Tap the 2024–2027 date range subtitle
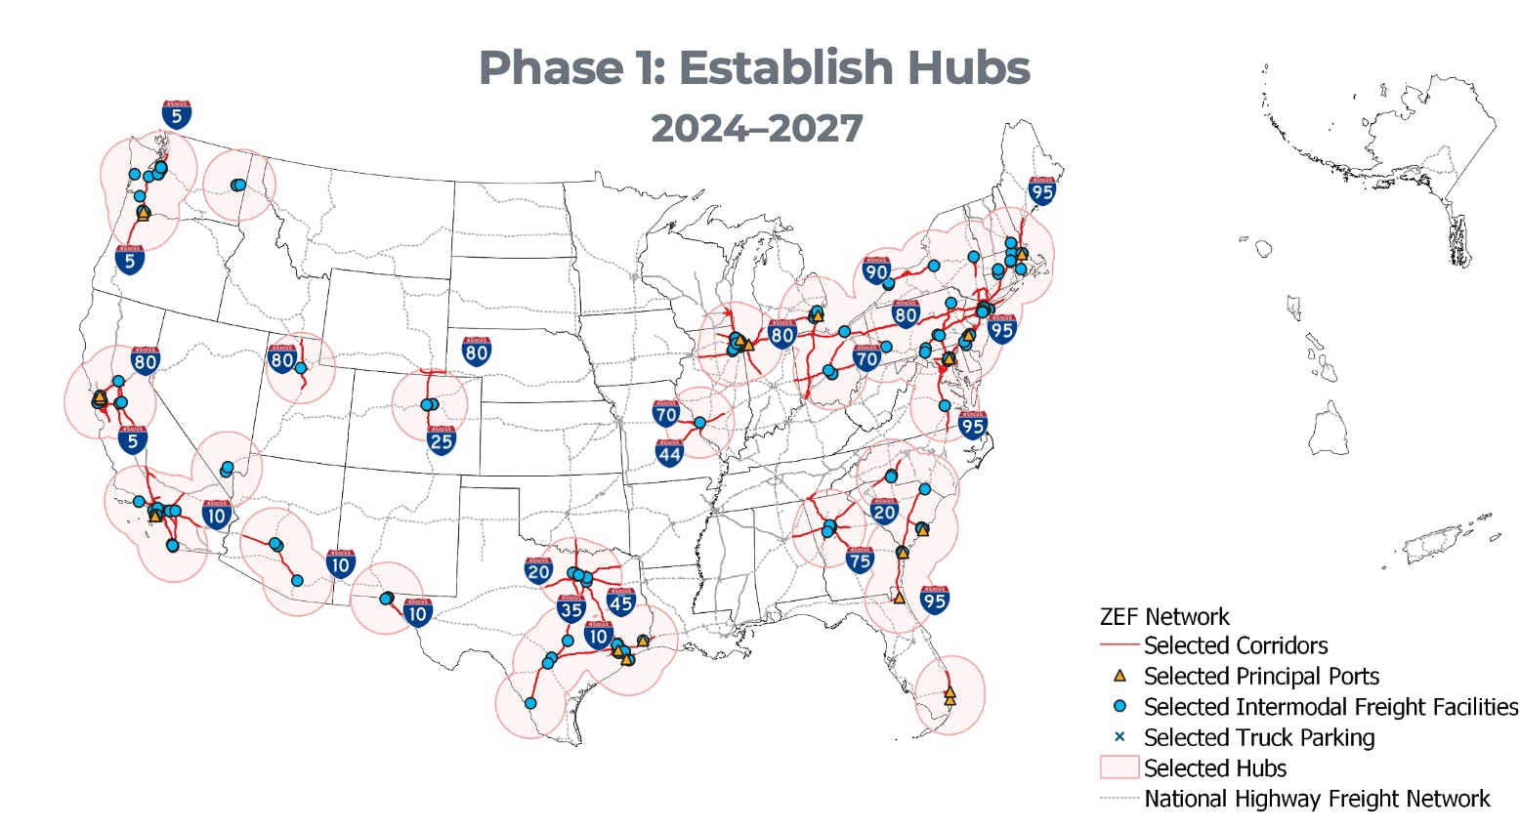coord(757,128)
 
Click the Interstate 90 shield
coord(876,271)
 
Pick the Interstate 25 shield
coord(442,440)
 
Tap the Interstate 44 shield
coord(669,453)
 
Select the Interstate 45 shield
coord(621,602)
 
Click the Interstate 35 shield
coord(571,609)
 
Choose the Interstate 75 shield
coord(860,560)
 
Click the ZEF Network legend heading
coord(1164,617)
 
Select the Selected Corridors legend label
coord(1236,645)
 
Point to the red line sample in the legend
coord(1119,645)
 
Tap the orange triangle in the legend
coord(1120,676)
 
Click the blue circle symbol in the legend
coord(1120,706)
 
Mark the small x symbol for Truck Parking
coord(1120,737)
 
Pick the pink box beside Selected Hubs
coord(1119,767)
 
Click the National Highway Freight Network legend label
coord(1317,799)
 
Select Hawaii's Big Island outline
coord(1330,430)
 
